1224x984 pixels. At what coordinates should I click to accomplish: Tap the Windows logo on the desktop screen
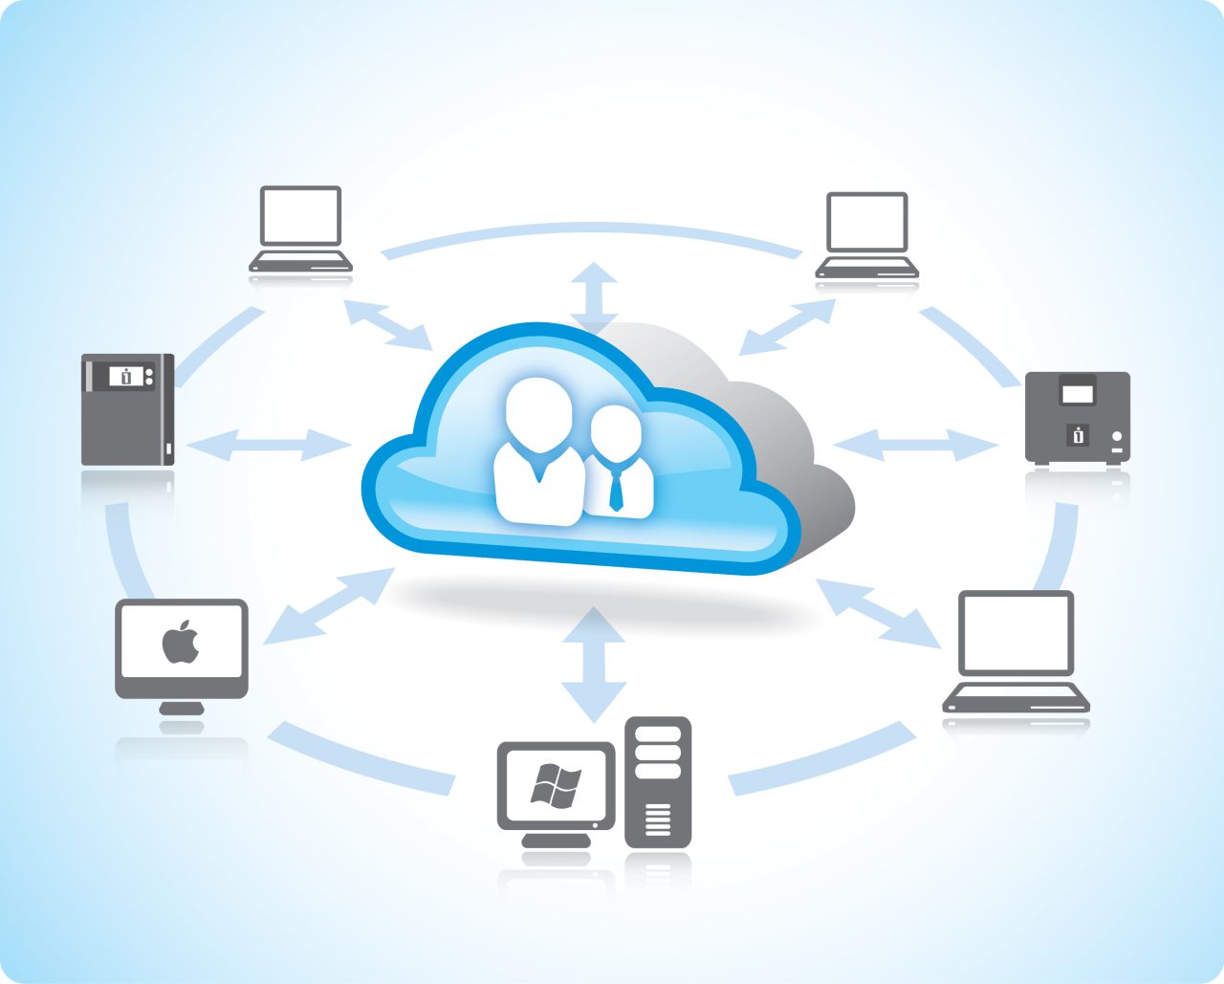point(556,786)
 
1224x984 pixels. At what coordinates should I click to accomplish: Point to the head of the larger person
point(539,413)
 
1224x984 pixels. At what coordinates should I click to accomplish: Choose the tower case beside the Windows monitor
point(658,782)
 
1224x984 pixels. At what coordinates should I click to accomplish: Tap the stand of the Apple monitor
point(182,708)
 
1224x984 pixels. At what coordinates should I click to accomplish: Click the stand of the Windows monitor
point(556,840)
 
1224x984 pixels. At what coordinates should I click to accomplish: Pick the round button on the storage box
point(1117,436)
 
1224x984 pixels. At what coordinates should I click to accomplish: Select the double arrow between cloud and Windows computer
point(594,664)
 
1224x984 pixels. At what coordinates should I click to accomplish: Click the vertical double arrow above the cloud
point(594,295)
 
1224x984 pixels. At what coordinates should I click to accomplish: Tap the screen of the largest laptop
point(1016,632)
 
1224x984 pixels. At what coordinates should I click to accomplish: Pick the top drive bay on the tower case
point(658,734)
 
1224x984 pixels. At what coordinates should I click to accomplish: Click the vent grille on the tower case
point(658,819)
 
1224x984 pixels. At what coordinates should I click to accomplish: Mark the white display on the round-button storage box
point(1078,393)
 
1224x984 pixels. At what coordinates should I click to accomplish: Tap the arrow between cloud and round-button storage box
point(915,444)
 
